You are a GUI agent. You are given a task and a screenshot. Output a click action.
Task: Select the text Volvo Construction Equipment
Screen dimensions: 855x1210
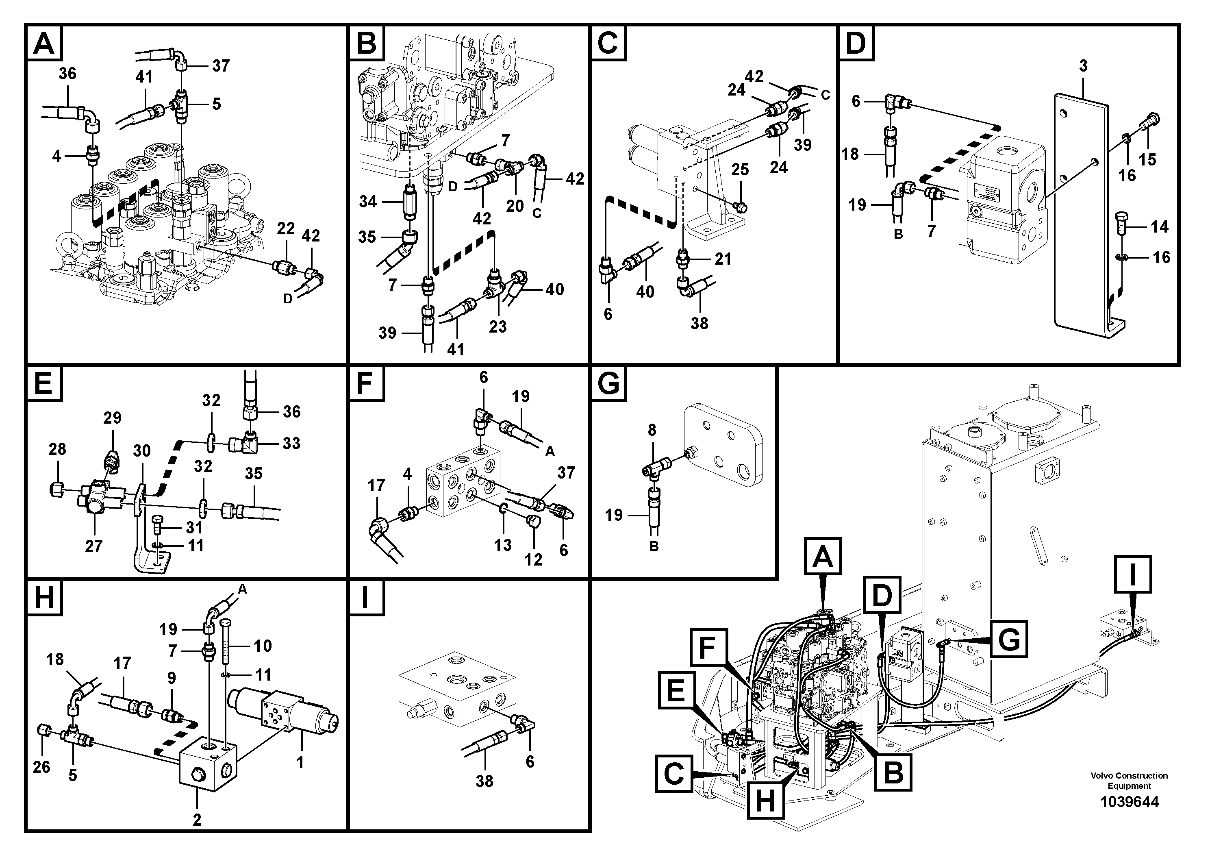click(x=1129, y=780)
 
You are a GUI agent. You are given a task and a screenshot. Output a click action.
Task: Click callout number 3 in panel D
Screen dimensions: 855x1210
click(x=1083, y=66)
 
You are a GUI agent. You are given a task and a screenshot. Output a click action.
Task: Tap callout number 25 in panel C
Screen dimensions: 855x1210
click(x=740, y=169)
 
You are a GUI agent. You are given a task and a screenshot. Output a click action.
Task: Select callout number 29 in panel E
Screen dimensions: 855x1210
click(x=112, y=418)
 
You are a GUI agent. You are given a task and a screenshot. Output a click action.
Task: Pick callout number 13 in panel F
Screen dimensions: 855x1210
click(x=502, y=544)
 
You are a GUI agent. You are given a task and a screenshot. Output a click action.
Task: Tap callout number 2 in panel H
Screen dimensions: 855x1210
click(x=197, y=820)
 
